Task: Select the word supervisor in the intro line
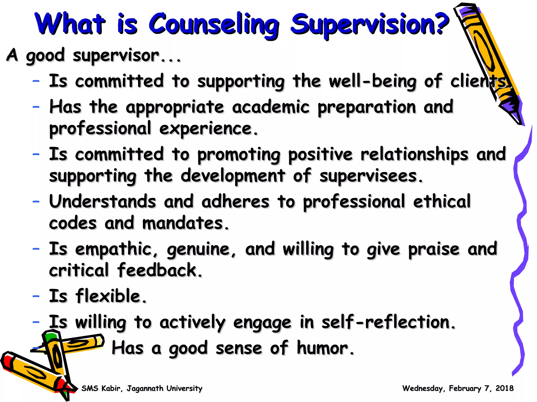(116, 56)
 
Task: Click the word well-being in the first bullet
(373, 81)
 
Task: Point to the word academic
(271, 107)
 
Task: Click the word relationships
(414, 154)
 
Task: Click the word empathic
(114, 249)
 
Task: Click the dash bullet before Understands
(36, 202)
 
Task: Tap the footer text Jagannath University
(164, 388)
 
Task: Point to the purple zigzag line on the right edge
(520, 236)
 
